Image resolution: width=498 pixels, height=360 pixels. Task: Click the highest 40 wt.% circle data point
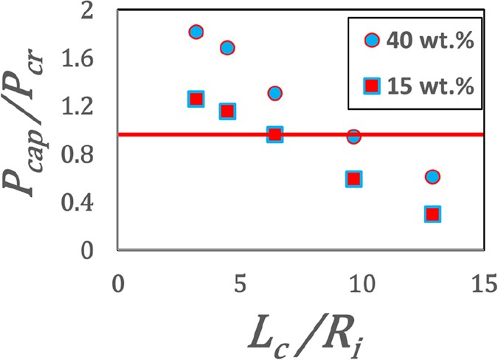click(196, 32)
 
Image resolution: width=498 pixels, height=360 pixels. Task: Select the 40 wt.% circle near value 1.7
click(227, 48)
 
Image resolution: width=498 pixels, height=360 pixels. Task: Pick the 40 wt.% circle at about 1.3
click(275, 93)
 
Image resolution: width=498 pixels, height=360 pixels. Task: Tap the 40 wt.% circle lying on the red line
click(353, 136)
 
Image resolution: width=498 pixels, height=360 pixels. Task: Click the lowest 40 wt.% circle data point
click(432, 176)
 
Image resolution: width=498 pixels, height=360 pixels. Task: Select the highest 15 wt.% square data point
click(196, 99)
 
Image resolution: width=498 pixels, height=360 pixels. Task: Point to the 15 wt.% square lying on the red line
click(274, 134)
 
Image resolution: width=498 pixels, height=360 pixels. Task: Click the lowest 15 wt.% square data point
click(432, 214)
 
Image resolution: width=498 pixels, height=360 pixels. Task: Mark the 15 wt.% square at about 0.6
click(353, 179)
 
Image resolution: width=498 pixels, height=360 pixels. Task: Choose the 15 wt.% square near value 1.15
click(227, 111)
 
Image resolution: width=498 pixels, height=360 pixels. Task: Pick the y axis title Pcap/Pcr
click(30, 138)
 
